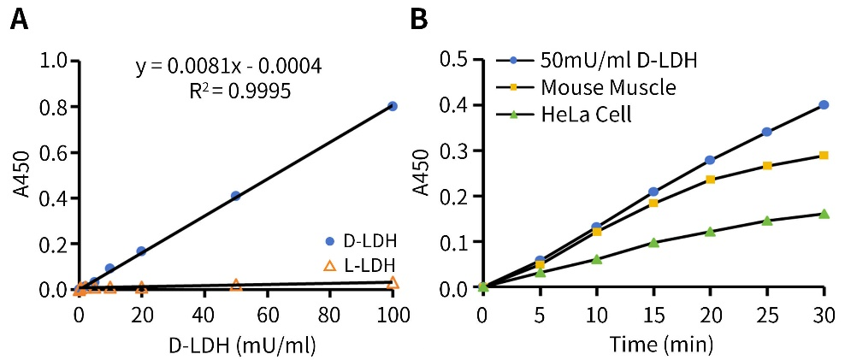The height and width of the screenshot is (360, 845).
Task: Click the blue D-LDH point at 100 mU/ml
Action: coord(393,106)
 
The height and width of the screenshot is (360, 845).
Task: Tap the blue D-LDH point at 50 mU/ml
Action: coord(235,196)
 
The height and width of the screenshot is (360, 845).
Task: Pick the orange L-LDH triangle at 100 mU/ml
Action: coord(393,282)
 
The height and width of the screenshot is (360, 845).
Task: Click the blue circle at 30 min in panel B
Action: coord(824,104)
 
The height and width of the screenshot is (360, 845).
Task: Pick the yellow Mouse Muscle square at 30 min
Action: coord(824,156)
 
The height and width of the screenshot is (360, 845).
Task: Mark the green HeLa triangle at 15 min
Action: coord(653,242)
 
